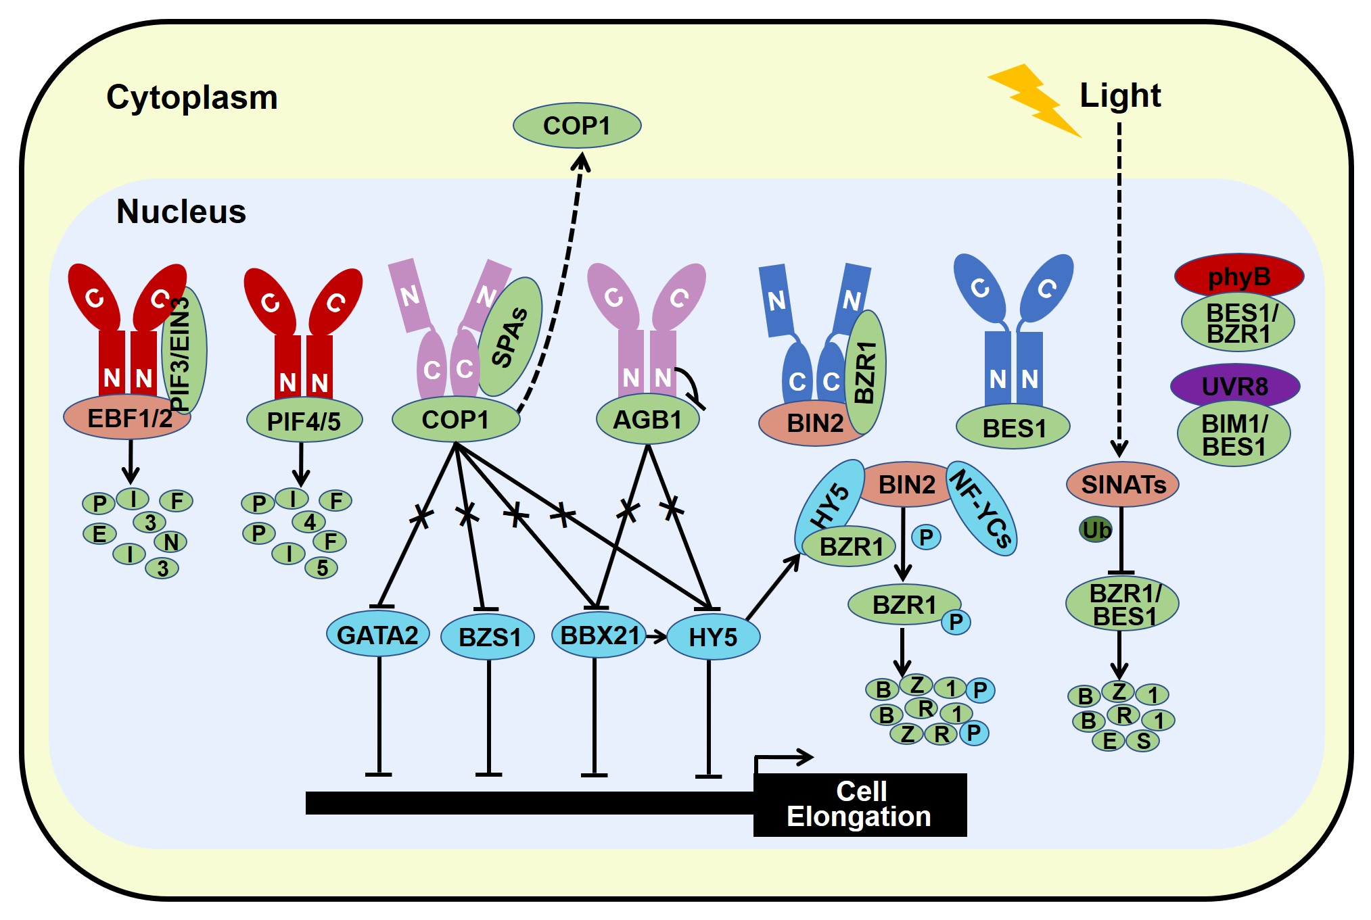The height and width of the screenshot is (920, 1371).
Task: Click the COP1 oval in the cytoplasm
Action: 576,126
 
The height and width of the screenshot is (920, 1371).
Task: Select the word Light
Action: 1119,95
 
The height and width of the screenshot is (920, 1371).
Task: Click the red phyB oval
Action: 1238,276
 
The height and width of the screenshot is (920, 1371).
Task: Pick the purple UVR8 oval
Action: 1234,386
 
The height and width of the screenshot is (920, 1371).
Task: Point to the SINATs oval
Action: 1122,484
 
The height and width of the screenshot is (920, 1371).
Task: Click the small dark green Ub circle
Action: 1095,530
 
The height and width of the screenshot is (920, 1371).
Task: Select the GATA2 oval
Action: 377,635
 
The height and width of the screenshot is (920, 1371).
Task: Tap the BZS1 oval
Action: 488,637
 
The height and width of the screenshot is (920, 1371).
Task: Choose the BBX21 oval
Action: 599,635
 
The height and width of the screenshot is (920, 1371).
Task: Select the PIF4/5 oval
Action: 304,421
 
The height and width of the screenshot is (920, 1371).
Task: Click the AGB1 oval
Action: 647,420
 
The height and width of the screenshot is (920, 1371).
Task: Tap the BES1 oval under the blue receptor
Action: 1013,428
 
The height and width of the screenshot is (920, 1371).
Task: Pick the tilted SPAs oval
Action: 511,336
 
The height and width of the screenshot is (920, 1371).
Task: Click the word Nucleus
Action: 181,211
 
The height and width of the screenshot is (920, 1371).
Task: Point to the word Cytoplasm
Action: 191,97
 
